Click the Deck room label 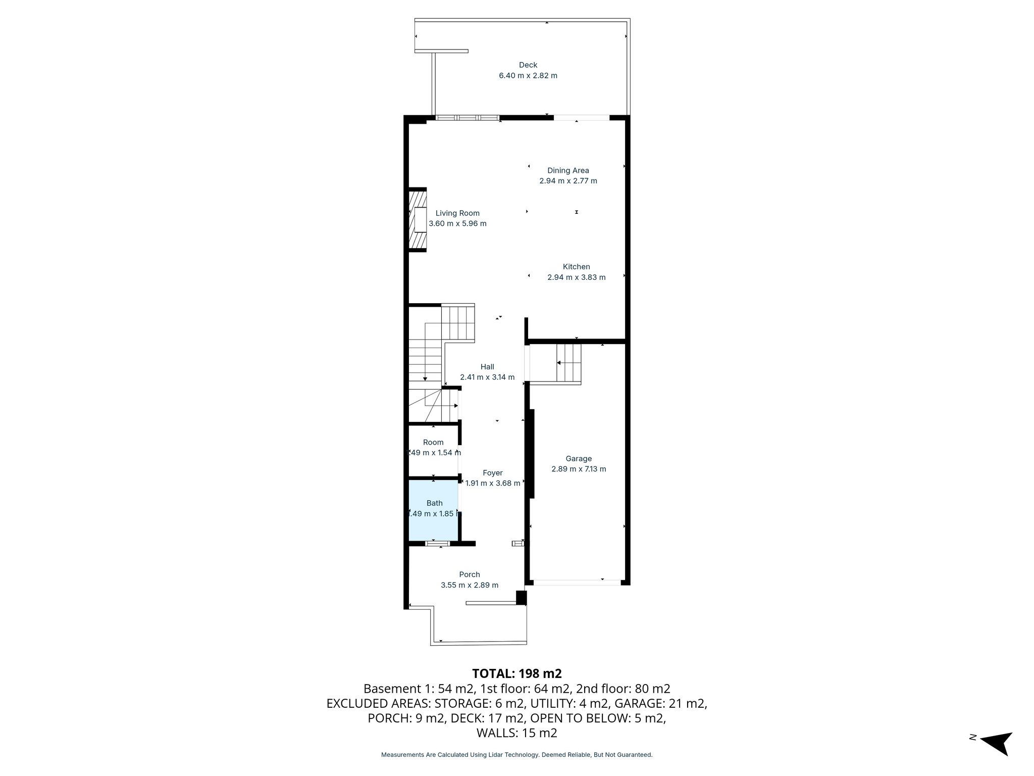528,65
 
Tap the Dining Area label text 568,171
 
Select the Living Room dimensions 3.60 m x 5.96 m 457,224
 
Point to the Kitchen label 576,267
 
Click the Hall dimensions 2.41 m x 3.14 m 487,377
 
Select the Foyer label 492,473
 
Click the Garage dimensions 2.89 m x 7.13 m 579,469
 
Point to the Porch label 469,574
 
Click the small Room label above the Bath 433,442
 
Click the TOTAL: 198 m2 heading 516,673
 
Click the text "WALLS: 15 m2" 516,733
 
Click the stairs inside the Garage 568,363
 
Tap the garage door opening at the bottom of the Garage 577,583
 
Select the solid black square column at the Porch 521,598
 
